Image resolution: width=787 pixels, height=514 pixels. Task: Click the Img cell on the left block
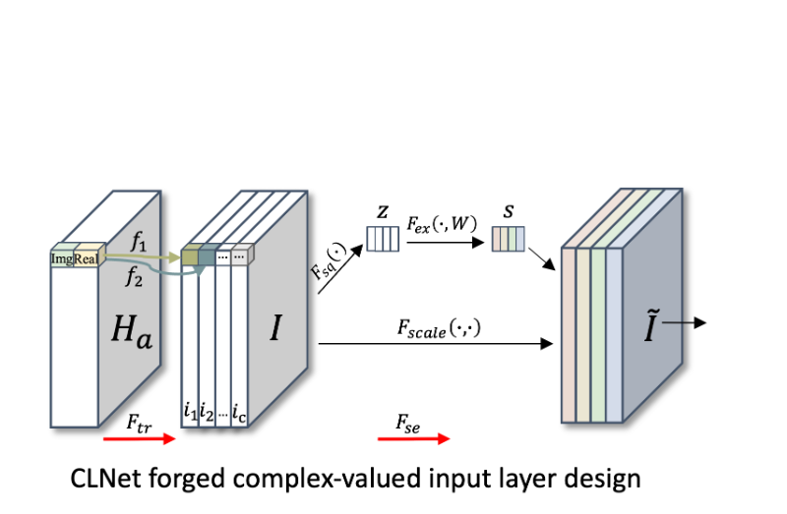63,258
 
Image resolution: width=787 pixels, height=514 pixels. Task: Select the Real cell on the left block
87,258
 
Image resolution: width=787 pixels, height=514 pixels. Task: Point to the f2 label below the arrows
134,278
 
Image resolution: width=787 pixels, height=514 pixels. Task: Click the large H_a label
131,330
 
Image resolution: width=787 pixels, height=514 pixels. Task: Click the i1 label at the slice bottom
190,411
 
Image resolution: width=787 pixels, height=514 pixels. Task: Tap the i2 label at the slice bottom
207,411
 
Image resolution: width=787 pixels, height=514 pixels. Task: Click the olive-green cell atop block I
190,257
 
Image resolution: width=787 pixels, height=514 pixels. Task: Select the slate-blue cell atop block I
207,257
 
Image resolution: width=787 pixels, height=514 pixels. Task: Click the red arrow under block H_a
139,439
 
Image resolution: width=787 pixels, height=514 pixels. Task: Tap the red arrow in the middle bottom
414,439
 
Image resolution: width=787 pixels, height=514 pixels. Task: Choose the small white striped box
383,239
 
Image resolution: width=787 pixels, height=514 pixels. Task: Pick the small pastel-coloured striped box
509,239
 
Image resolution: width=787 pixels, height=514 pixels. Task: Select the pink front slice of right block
568,334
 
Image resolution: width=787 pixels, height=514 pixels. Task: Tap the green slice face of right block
598,334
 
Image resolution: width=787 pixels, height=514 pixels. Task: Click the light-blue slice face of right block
614,334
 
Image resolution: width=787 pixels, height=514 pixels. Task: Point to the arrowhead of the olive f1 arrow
176,257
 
